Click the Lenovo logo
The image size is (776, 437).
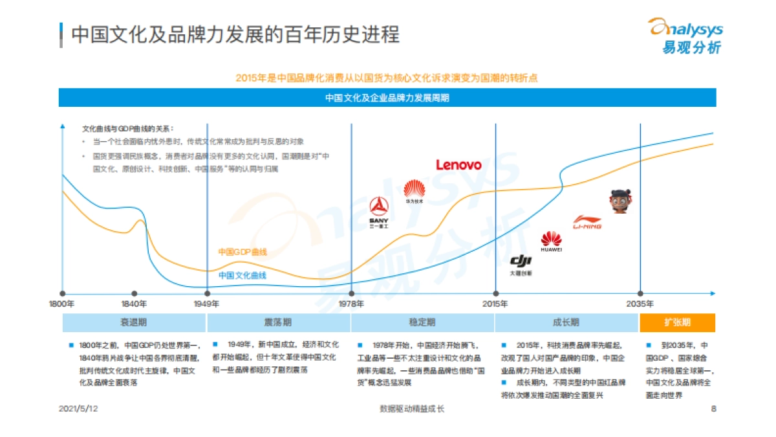(x=458, y=165)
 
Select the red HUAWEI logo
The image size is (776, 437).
(x=551, y=240)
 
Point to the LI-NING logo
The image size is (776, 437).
(x=587, y=223)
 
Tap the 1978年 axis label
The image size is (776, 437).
(x=351, y=304)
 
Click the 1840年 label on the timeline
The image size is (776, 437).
(x=135, y=304)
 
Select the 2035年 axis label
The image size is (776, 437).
(x=640, y=304)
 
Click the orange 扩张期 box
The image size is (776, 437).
(x=677, y=322)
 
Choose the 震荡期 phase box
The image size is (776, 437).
(x=278, y=322)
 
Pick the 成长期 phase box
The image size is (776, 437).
(x=566, y=322)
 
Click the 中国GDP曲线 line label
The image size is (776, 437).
(x=242, y=252)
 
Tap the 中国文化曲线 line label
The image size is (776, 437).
(x=242, y=275)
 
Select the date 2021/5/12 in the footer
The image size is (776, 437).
(x=78, y=409)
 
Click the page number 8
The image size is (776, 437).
(x=713, y=409)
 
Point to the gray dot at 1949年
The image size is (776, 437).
(x=207, y=294)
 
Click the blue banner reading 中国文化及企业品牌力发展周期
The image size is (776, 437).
(x=387, y=98)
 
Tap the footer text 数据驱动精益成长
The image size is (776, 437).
(x=411, y=409)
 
